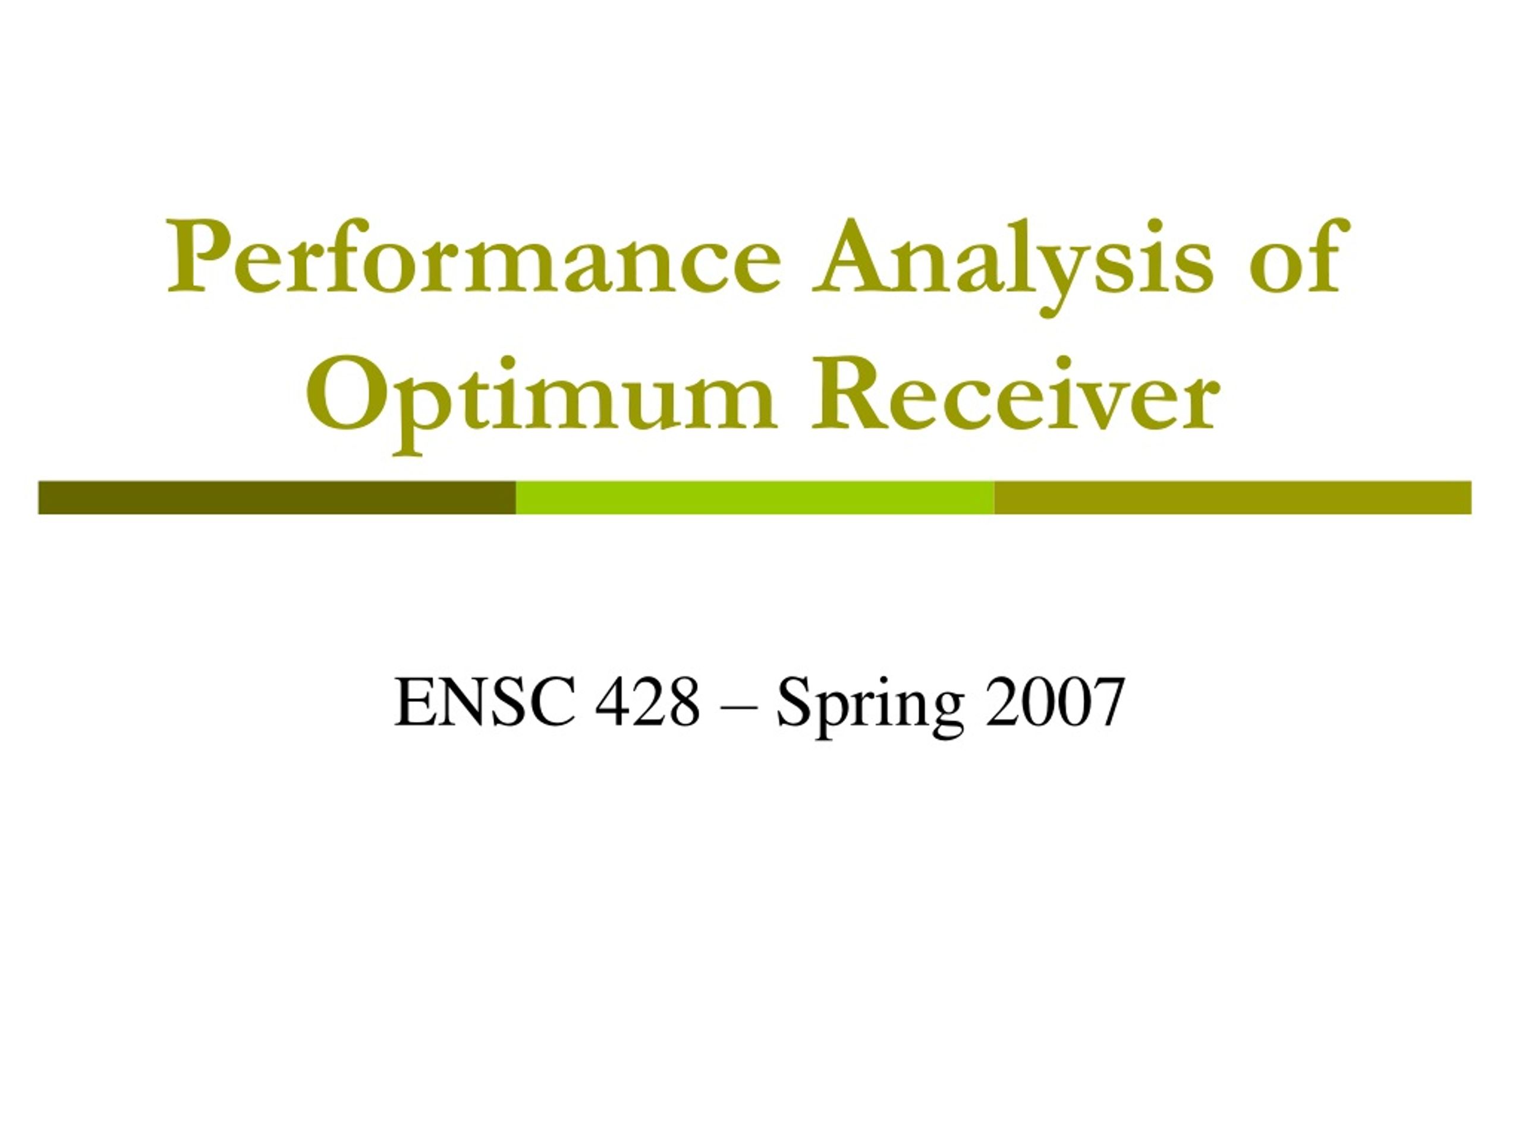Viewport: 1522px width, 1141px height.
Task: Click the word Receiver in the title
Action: point(1015,393)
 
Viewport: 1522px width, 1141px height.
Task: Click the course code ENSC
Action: point(485,702)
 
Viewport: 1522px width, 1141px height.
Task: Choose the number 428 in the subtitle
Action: point(647,702)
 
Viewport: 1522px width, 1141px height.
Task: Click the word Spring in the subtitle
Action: point(870,709)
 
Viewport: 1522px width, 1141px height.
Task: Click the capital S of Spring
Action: point(794,702)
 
